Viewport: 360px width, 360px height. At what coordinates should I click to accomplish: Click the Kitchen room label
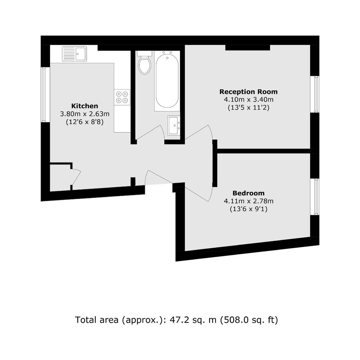coord(85,106)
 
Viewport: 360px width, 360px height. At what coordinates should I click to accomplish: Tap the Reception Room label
coord(249,92)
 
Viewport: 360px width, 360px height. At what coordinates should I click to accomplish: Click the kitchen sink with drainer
coord(74,54)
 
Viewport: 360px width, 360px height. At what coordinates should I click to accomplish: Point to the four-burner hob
coord(122,97)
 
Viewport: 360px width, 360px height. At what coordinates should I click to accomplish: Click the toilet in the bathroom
coord(144,62)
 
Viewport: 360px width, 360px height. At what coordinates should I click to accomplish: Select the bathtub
coord(167,81)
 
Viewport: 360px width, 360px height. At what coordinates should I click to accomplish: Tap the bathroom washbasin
coord(174,126)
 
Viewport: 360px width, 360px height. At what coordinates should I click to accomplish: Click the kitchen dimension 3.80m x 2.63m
coord(85,114)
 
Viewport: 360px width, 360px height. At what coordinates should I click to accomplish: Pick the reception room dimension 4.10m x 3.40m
coord(249,100)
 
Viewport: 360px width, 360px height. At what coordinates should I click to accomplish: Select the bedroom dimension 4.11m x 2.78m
coord(249,201)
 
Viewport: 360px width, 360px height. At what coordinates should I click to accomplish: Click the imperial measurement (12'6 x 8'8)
coord(85,122)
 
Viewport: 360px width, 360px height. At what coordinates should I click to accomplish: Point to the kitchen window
coord(46,94)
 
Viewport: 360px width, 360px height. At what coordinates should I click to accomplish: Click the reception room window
coord(315,94)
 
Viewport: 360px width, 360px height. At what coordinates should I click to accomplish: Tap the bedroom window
coord(315,197)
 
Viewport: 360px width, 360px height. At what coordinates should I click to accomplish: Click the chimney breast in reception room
coord(247,47)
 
